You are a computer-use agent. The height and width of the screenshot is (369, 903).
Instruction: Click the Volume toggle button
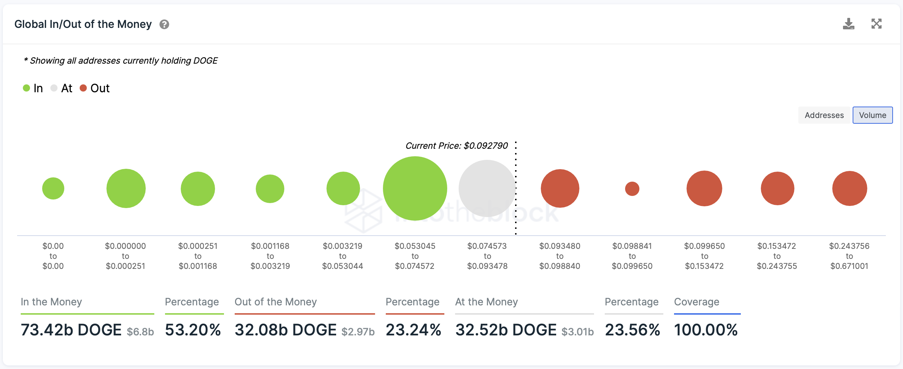coord(872,115)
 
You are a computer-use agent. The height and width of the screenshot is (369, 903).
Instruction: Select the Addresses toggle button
coord(824,115)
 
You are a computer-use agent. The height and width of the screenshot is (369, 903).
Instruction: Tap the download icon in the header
coord(848,24)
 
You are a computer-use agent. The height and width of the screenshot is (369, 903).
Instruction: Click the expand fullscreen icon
coord(876,24)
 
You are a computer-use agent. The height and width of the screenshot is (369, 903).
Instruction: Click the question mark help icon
coord(164,24)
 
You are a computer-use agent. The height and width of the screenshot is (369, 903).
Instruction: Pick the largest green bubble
coord(415,188)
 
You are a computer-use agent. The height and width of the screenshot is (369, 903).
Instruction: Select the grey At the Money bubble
coord(487,188)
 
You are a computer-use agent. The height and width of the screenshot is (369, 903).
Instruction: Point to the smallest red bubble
coord(632,189)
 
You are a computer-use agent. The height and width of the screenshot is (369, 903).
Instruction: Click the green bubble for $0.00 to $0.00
coord(53,188)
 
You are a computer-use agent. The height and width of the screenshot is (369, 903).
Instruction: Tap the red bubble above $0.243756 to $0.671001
coord(849,188)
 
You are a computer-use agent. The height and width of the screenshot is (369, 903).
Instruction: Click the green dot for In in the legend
coord(26,88)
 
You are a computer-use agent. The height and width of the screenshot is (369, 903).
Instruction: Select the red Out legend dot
coord(83,88)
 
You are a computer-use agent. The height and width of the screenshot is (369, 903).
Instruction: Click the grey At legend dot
coord(54,88)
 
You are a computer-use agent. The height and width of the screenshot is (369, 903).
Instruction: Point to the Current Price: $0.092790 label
coord(457,146)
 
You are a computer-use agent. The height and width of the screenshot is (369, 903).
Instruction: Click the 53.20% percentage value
coord(193,330)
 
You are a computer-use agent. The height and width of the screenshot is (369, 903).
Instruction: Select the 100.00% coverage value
coord(706,330)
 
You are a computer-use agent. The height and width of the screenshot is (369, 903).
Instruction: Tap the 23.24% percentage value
coord(414,330)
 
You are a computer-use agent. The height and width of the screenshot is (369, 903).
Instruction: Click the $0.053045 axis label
coord(415,246)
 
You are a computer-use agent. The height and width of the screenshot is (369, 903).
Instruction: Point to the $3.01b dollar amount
coord(578,331)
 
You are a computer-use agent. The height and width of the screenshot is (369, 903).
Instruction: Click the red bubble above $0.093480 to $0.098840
coord(560,188)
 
